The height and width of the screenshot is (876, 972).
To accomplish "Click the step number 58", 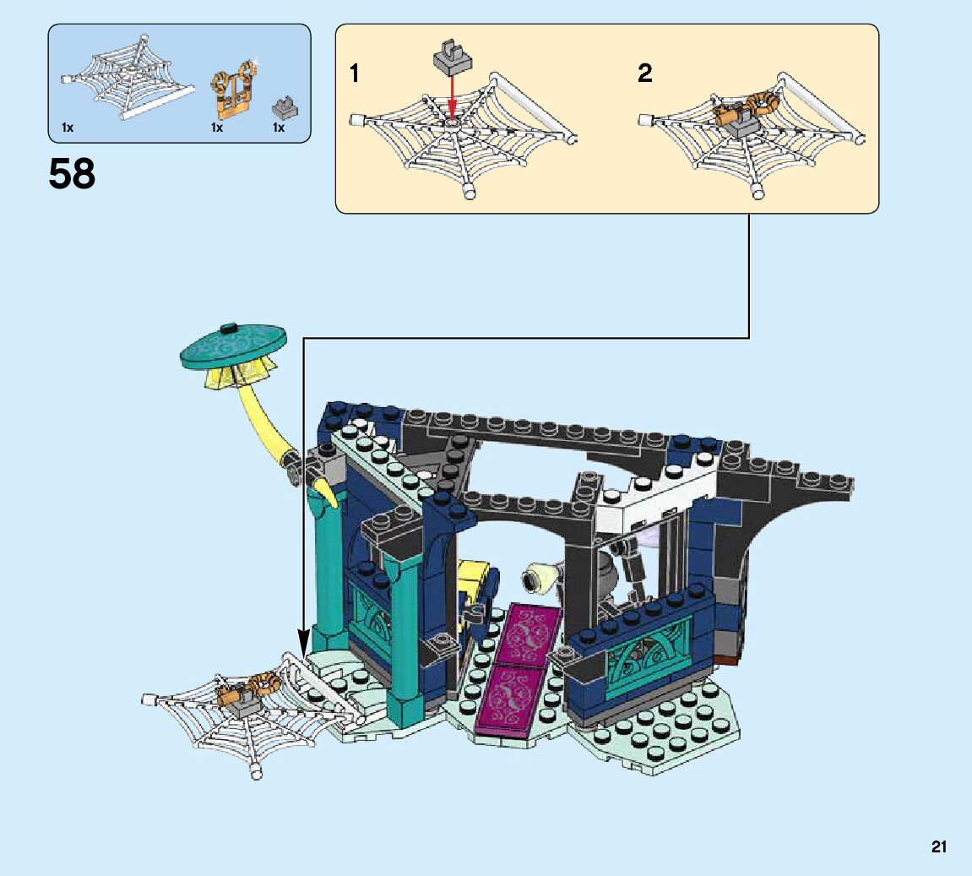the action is tap(73, 175).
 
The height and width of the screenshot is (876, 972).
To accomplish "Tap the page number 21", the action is tap(939, 846).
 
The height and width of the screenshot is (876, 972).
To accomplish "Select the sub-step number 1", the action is tap(355, 74).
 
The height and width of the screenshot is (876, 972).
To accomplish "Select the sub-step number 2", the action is tap(645, 74).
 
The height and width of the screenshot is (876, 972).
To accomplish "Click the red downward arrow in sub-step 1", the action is tap(452, 95).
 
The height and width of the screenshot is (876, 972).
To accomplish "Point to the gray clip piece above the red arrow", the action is tap(452, 57).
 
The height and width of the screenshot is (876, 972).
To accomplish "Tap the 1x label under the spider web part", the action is tap(68, 128).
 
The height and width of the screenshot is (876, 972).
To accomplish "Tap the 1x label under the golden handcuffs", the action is tap(217, 128).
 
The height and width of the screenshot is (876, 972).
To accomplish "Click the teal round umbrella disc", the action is tap(232, 346).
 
